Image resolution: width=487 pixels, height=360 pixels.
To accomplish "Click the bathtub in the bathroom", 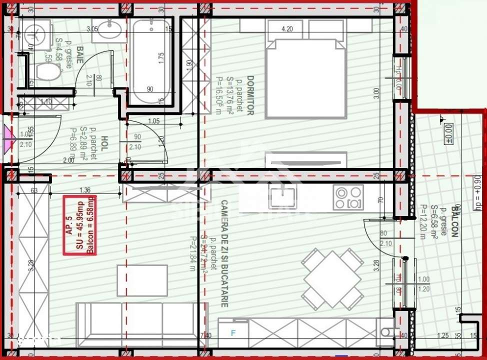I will (151, 61).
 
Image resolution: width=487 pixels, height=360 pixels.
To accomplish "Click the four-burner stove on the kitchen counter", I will (348, 197).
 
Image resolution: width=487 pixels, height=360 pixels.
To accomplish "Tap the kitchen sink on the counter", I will (282, 196).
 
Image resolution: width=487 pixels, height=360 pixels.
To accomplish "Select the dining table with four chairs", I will (332, 278).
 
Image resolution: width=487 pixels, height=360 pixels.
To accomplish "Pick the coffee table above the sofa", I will (142, 280).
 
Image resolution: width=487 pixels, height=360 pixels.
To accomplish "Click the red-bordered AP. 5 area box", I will (80, 225).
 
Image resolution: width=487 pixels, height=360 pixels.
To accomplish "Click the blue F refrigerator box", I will (232, 332).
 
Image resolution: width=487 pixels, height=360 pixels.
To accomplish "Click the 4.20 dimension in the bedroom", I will (287, 29).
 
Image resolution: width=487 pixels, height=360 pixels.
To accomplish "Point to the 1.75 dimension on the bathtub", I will (161, 57).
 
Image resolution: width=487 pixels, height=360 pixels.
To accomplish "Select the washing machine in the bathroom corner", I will (35, 34).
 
